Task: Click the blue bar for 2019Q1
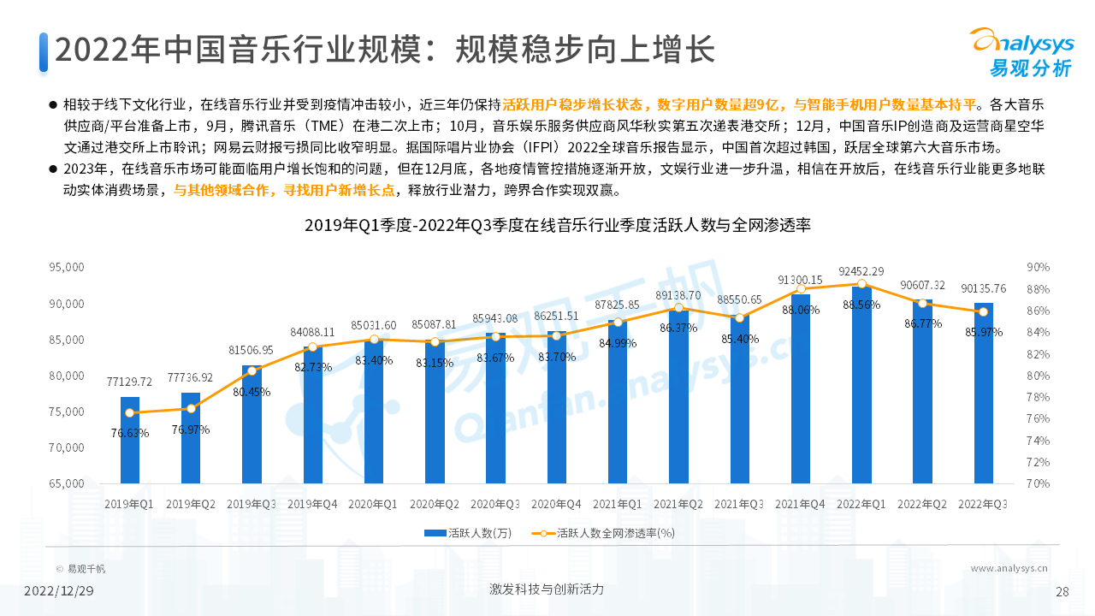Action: click(129, 440)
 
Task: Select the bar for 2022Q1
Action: click(861, 385)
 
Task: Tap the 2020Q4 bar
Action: click(556, 407)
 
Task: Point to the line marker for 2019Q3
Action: click(252, 370)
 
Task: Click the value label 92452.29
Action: click(861, 271)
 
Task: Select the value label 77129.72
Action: click(129, 382)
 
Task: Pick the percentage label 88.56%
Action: click(861, 305)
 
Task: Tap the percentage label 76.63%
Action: click(129, 433)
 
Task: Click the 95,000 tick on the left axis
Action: click(66, 268)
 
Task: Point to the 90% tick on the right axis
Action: click(1039, 268)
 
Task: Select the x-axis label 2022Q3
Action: click(982, 505)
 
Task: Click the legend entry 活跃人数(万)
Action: click(468, 533)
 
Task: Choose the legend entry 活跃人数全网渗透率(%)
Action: click(604, 533)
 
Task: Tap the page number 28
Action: click(1062, 591)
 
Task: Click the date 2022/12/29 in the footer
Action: click(58, 591)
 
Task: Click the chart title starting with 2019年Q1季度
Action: click(557, 226)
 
